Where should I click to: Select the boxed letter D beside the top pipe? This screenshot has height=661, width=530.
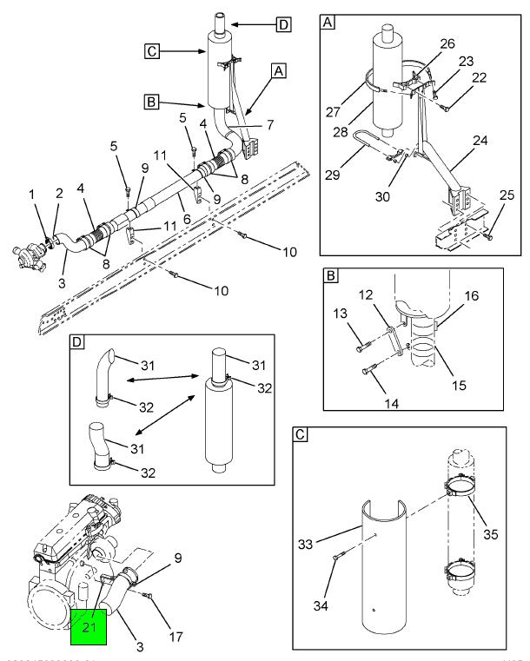pos(283,24)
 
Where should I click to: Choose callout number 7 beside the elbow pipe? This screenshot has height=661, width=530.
pos(269,126)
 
